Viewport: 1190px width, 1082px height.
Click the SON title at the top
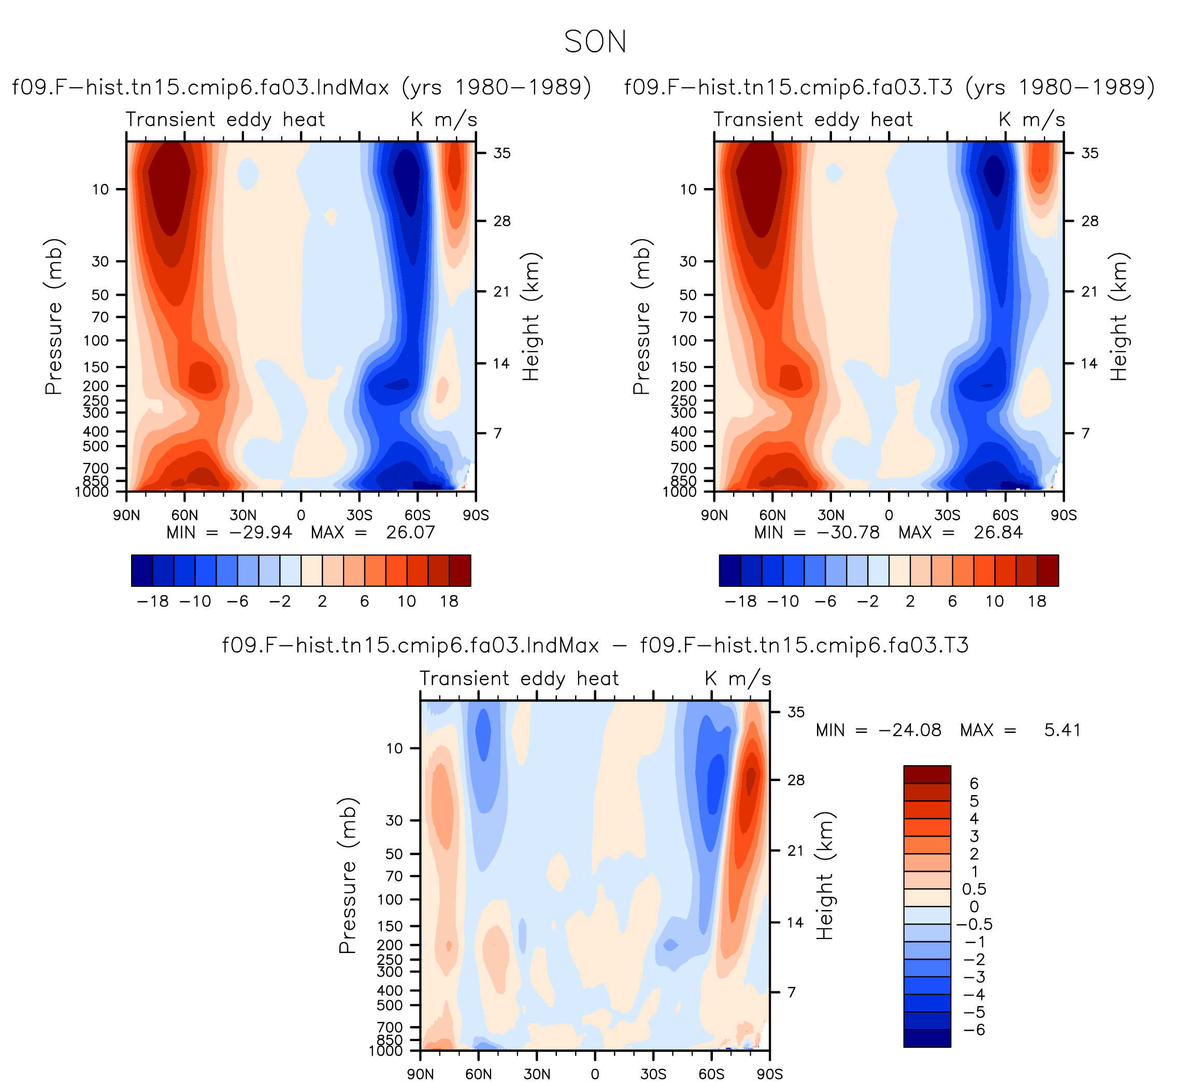click(595, 42)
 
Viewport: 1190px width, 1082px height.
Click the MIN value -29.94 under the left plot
click(260, 532)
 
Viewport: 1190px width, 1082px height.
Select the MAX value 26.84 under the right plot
click(998, 532)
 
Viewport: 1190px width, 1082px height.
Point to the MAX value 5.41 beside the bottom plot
click(1063, 730)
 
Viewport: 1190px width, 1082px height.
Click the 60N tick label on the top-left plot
click(185, 515)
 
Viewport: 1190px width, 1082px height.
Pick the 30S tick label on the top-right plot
click(948, 515)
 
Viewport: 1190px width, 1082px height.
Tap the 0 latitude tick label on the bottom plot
click(595, 1074)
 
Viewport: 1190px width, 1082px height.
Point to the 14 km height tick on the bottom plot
click(796, 922)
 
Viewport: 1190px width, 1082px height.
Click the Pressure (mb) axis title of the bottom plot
click(348, 876)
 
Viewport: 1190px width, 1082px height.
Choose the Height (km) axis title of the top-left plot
click(531, 316)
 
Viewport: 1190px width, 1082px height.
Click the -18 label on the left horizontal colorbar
click(153, 601)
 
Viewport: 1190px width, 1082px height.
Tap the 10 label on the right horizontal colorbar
click(995, 601)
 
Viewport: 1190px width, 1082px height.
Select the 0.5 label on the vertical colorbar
click(974, 889)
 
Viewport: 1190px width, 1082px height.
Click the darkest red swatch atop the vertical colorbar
click(927, 774)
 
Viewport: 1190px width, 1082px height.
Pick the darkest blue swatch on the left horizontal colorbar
click(142, 570)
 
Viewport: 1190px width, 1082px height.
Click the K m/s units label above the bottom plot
click(738, 679)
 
